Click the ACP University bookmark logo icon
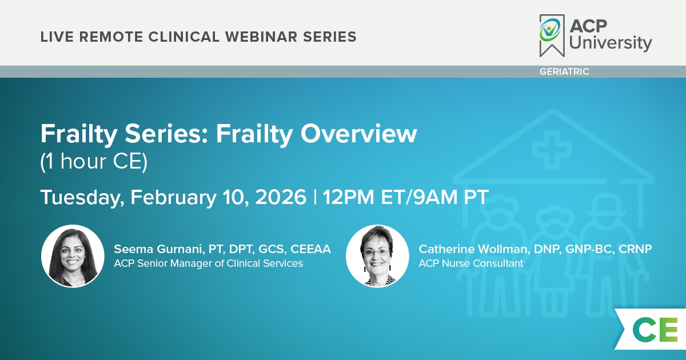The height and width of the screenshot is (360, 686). click(552, 35)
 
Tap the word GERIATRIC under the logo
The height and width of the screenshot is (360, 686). click(564, 71)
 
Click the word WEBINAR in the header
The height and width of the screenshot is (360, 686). click(261, 37)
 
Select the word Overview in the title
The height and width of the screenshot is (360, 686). click(358, 134)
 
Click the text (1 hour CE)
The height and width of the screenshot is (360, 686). click(94, 161)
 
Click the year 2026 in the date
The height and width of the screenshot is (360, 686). click(281, 197)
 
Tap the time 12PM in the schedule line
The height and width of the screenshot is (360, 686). click(348, 197)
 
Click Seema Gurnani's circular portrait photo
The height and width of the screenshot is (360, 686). click(73, 256)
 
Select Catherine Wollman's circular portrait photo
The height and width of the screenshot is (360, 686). click(377, 256)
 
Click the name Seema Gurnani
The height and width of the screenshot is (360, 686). click(158, 249)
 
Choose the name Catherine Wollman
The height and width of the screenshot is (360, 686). click(473, 249)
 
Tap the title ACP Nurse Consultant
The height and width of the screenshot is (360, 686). click(470, 263)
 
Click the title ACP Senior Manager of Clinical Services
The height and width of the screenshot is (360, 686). click(208, 263)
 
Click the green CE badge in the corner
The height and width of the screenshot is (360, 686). click(655, 329)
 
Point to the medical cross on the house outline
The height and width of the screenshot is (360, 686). click(552, 150)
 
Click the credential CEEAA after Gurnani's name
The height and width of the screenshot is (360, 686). click(310, 249)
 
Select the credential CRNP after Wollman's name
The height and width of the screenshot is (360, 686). click(635, 249)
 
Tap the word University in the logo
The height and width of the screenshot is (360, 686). click(611, 43)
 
